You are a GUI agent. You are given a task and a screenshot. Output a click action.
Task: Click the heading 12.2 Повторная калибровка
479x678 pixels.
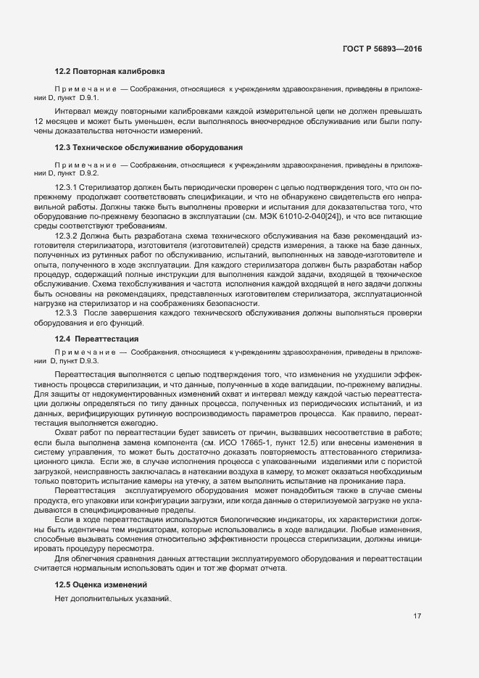pyautogui.click(x=110, y=71)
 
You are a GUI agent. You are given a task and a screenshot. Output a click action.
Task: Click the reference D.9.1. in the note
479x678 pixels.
pyautogui.click(x=89, y=96)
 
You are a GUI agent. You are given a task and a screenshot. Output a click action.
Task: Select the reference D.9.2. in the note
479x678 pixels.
pyautogui.click(x=89, y=173)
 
